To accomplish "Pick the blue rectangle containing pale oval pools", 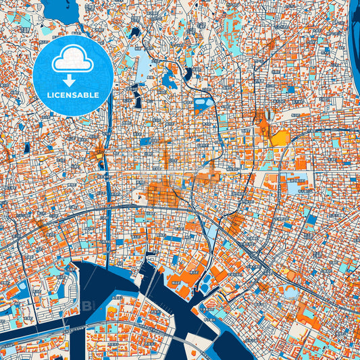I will click(202, 104).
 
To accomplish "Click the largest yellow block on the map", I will click(280, 138).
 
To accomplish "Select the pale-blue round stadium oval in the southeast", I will click(290, 292).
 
